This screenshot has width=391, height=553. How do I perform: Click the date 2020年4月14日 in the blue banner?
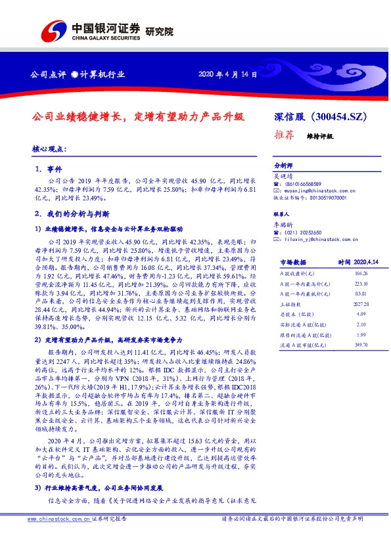pyautogui.click(x=227, y=74)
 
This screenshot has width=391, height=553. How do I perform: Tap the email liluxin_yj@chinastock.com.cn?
pyautogui.click(x=317, y=240)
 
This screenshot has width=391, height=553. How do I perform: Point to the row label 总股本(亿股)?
pyautogui.click(x=288, y=314)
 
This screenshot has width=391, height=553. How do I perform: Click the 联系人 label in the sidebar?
pyautogui.click(x=281, y=215)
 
